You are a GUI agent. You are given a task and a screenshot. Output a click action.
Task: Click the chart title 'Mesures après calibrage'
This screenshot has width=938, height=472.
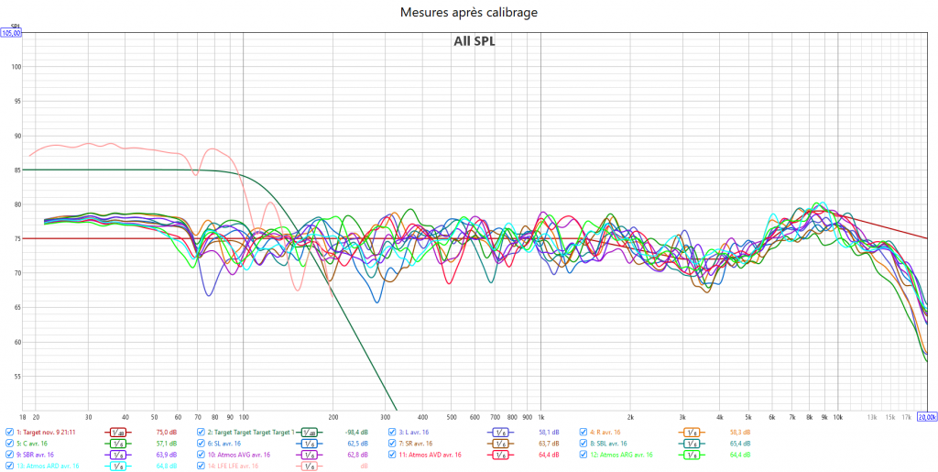[x=469, y=12]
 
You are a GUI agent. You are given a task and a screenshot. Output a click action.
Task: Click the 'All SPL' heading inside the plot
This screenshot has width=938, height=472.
[x=474, y=40]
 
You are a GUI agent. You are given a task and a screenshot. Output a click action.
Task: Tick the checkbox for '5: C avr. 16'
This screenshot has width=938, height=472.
[x=10, y=444]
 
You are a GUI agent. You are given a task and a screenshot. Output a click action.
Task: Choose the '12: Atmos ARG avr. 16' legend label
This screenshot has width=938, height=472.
[x=622, y=455]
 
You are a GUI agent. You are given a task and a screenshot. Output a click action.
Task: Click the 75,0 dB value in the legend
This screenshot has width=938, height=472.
[x=166, y=432]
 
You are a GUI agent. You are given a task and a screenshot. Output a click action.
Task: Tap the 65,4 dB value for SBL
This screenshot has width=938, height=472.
[x=739, y=444]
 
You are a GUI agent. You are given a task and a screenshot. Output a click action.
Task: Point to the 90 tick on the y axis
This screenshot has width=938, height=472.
[x=16, y=136]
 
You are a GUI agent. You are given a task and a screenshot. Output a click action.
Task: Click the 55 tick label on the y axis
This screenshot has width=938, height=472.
[x=16, y=377]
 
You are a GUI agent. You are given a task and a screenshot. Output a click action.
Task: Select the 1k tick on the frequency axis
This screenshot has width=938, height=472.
[x=540, y=416]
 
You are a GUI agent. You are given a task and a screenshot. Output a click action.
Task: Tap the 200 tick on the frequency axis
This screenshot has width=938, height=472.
[x=333, y=416]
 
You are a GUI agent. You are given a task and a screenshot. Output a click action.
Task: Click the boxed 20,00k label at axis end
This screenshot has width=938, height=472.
[x=926, y=417]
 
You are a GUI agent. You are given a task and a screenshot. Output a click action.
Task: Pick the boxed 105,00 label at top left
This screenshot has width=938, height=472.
[x=11, y=33]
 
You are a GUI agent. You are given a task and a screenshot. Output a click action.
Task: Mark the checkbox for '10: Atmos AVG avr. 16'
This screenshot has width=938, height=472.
[x=201, y=455]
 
